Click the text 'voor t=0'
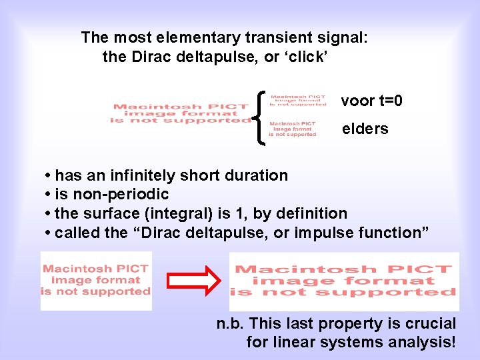pos(371,101)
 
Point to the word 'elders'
pos(365,129)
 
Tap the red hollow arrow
pos(190,281)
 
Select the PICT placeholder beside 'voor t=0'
pos(298,99)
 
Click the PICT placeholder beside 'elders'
pos(293,129)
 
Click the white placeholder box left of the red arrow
pos(96,281)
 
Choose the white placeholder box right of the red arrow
pos(344,281)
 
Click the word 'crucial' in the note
pos(431,324)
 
